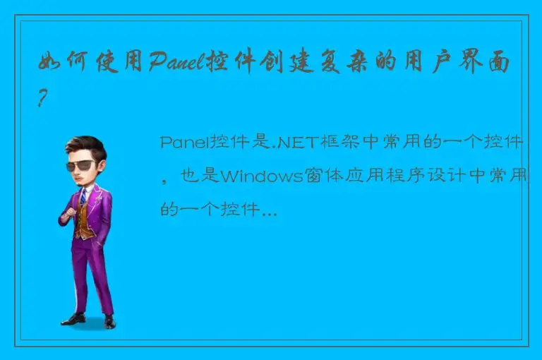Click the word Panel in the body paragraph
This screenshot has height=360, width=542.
coord(181,143)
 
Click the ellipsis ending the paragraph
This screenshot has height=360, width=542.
coord(268,210)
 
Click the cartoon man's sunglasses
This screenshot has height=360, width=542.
coord(83,166)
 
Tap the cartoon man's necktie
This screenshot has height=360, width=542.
coord(83,197)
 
